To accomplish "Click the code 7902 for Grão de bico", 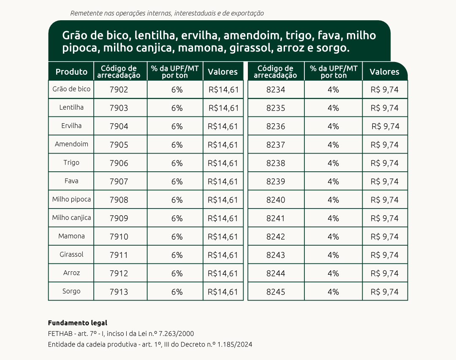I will pyautogui.click(x=119, y=89).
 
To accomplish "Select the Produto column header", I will pyautogui.click(x=71, y=72).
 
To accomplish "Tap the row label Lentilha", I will pyautogui.click(x=71, y=107).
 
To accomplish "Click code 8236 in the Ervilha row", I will pyautogui.click(x=276, y=126).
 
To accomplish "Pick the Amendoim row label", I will pyautogui.click(x=71, y=144).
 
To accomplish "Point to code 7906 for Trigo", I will pyautogui.click(x=119, y=163).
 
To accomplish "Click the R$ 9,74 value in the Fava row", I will pyautogui.click(x=385, y=181).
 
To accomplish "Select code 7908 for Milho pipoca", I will pyautogui.click(x=119, y=200).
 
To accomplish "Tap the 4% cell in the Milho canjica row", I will pyautogui.click(x=333, y=218).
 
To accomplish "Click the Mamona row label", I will pyautogui.click(x=71, y=236).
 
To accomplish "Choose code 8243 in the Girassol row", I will pyautogui.click(x=276, y=255).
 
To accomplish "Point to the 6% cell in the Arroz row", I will pyautogui.click(x=177, y=273).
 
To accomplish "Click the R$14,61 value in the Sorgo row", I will pyautogui.click(x=223, y=292).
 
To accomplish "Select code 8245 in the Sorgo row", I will pyautogui.click(x=276, y=292).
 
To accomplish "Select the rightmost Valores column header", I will pyautogui.click(x=384, y=72).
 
